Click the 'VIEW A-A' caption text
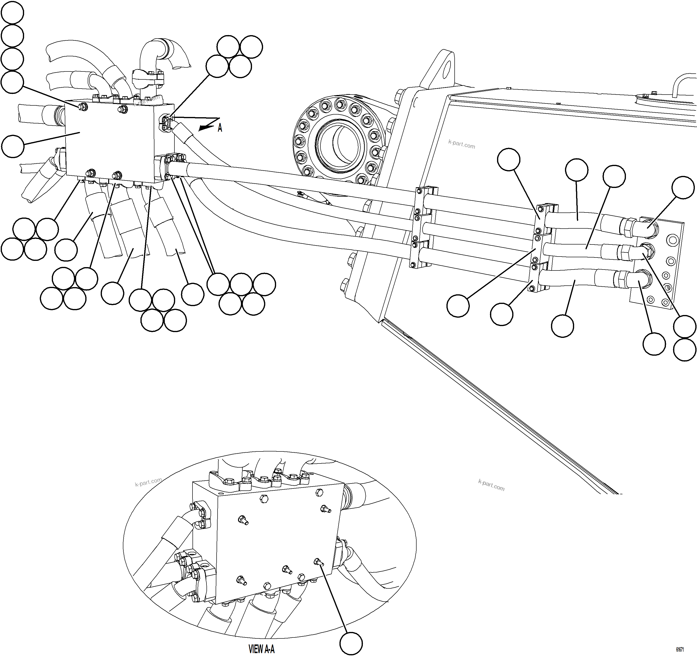[261, 649]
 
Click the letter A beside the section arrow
[220, 128]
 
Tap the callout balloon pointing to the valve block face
[13, 146]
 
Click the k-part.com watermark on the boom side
[461, 144]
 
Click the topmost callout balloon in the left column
[13, 13]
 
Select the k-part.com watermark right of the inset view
[491, 485]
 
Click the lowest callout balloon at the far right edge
[685, 350]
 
